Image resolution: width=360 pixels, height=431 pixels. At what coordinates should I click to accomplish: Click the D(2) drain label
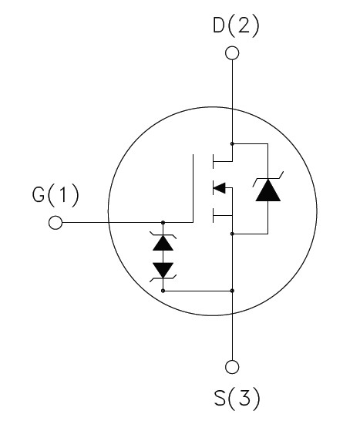(x=236, y=26)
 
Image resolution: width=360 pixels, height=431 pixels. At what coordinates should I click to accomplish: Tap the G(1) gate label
(x=56, y=195)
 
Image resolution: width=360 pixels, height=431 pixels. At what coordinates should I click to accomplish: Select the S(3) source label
(x=237, y=398)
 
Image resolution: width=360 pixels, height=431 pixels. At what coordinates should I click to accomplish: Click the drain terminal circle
(x=232, y=52)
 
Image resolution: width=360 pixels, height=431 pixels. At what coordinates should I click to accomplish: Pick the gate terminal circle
(x=56, y=222)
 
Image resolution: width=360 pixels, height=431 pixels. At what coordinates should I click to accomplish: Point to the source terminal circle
(x=232, y=367)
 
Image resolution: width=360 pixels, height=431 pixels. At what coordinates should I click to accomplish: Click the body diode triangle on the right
(x=268, y=190)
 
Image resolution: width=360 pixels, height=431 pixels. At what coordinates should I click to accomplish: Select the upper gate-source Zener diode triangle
(x=163, y=243)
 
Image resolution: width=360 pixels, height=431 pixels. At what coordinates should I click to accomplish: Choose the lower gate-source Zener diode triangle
(x=163, y=270)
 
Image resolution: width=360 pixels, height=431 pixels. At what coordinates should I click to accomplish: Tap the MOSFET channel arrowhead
(x=219, y=188)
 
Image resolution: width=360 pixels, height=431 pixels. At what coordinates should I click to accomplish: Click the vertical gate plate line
(x=193, y=188)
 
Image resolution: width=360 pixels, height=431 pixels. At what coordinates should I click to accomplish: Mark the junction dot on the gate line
(x=163, y=222)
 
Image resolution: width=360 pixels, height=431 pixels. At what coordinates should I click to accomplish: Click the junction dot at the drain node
(x=232, y=143)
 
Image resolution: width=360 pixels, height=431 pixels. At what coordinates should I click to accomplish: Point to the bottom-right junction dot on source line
(x=232, y=291)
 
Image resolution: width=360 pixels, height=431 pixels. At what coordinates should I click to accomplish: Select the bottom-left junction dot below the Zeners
(x=163, y=291)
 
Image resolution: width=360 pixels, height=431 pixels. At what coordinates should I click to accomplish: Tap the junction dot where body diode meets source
(x=232, y=234)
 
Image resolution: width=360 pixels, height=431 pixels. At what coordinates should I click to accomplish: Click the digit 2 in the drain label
(x=242, y=26)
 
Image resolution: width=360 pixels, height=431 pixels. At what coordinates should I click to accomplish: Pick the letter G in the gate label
(x=39, y=195)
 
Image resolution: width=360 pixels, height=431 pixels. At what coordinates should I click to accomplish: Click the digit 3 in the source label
(x=244, y=398)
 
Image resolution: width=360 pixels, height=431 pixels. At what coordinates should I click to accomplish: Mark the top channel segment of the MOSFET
(x=213, y=161)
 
